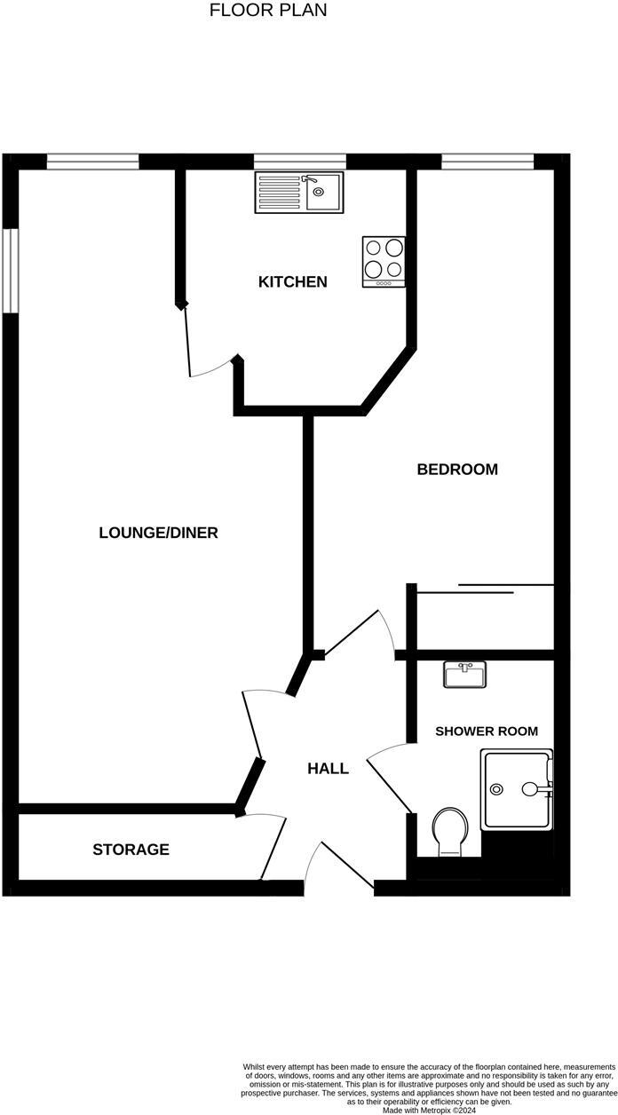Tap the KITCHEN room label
[x=292, y=282]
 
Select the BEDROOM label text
[x=457, y=470]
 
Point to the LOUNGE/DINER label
[x=158, y=533]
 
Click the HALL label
[x=328, y=769]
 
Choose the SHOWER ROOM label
[x=486, y=731]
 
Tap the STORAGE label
[x=131, y=850]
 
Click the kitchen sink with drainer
[x=298, y=192]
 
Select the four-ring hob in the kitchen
[x=384, y=261]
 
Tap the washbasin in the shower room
[x=464, y=676]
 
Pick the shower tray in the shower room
[x=516, y=789]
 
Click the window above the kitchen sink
[x=299, y=161]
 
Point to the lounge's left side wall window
[x=10, y=271]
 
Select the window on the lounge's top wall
[x=93, y=161]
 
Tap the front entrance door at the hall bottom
[x=339, y=865]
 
